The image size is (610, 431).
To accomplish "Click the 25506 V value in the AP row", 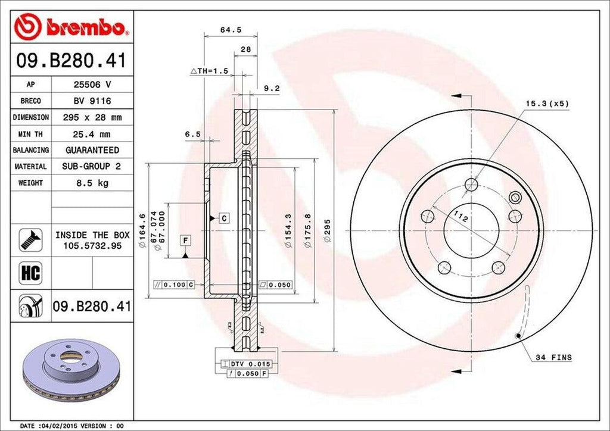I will pos(92,85).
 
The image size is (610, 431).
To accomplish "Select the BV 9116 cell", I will pos(92,101).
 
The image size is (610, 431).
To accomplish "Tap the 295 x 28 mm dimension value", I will pos(92,117).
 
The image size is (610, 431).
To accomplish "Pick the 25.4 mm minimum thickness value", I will pos(92,134).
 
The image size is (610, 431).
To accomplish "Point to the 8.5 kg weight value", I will pos(92,183).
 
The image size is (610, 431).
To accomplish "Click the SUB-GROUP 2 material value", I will pos(92,167).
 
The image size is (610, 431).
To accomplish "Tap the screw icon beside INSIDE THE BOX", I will pos(30,239).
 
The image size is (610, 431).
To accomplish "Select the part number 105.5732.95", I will pos(92,245).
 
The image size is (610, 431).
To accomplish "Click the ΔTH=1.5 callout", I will pos(209,71).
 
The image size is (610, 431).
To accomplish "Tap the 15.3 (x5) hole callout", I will pos(547,104).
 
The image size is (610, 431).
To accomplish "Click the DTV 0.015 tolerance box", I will pos(247,363).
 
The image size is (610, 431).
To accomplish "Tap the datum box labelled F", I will pos(186,240).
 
